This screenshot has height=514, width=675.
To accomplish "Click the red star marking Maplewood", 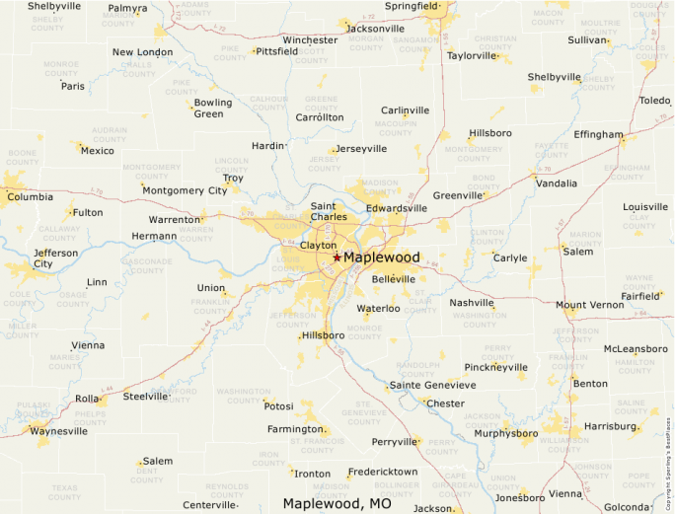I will click(x=337, y=257).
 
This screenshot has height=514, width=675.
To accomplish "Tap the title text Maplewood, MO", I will click(x=337, y=503).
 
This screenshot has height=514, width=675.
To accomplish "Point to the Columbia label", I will click(x=30, y=196).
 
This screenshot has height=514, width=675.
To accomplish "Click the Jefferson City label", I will click(x=55, y=258).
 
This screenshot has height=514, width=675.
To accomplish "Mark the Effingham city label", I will click(x=598, y=134).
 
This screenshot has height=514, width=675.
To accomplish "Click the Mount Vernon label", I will click(x=589, y=305).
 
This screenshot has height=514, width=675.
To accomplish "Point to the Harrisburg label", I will click(x=611, y=426).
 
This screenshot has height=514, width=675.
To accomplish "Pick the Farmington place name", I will click(x=295, y=429).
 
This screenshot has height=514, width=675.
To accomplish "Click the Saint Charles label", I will click(x=329, y=211).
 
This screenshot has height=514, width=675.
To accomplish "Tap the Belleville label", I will click(x=394, y=279).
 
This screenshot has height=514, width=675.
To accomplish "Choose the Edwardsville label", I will click(x=397, y=208).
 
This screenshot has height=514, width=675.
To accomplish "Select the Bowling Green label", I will click(x=213, y=108).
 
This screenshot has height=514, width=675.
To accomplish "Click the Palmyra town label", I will click(x=127, y=8).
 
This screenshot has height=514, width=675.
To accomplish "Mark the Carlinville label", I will click(x=406, y=110).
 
